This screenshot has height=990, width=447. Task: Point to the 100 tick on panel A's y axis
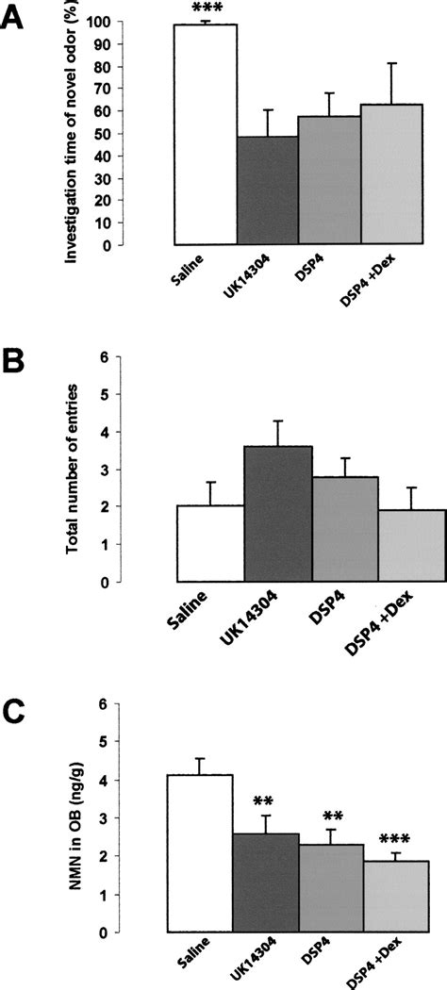pyautogui.click(x=154, y=22)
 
